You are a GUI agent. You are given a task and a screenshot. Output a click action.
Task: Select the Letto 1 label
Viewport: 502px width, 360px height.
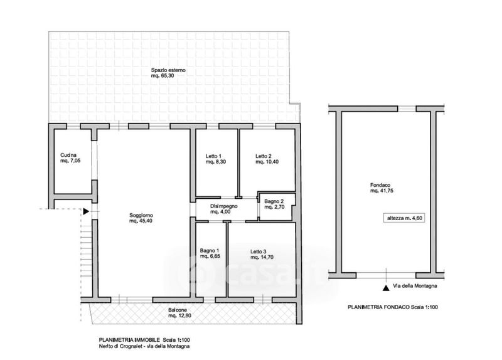[x=213, y=156]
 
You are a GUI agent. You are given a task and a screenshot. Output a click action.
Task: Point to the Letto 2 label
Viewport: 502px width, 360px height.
[x=264, y=156]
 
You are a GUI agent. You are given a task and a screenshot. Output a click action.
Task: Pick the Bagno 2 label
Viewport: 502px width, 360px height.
[x=275, y=201]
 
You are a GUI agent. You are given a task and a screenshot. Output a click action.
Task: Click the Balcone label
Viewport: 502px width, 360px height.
[x=178, y=310]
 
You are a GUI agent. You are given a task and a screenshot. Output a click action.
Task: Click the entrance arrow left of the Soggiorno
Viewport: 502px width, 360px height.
[x=86, y=212]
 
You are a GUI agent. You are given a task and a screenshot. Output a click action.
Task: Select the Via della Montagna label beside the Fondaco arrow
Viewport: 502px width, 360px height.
[x=415, y=286]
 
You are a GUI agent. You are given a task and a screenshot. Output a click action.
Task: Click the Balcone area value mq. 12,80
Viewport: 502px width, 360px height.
[x=178, y=317]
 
